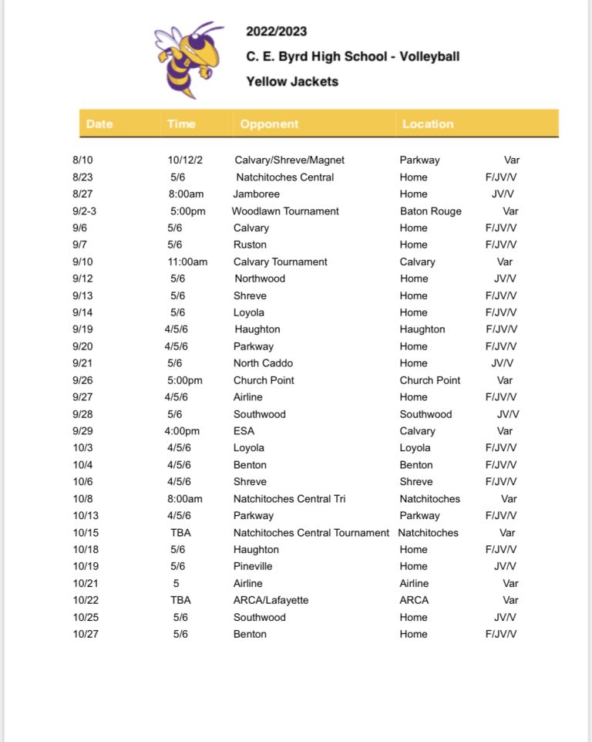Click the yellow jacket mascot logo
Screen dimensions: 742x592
187,59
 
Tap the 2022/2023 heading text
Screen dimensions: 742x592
276,32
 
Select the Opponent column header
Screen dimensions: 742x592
269,123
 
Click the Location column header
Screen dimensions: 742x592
428,123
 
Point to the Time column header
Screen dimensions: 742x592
181,123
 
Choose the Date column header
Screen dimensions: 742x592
99,123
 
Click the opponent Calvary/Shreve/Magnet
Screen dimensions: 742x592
289,160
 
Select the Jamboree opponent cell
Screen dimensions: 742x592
256,194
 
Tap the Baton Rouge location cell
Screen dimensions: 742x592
430,211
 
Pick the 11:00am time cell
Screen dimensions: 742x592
187,262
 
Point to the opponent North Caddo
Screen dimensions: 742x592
263,363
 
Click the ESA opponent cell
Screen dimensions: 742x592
244,431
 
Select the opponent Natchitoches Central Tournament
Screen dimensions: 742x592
311,533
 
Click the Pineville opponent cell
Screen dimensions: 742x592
253,566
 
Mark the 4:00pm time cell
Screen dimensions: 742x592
183,431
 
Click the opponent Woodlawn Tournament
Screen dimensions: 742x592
285,211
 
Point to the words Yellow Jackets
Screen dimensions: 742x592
292,81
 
